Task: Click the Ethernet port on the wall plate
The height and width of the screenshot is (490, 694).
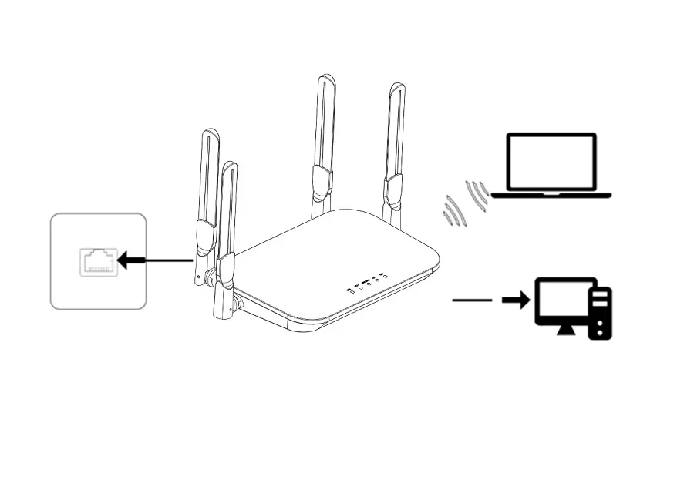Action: tap(98, 262)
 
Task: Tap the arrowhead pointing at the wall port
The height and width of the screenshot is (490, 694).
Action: tap(123, 261)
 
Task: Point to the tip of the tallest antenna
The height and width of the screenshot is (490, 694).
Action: tap(327, 78)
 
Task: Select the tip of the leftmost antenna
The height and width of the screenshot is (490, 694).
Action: tap(211, 133)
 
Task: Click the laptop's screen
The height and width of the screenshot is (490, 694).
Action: tap(551, 161)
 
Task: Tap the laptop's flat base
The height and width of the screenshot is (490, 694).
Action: tap(551, 195)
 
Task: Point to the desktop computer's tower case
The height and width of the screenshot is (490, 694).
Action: tap(601, 313)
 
